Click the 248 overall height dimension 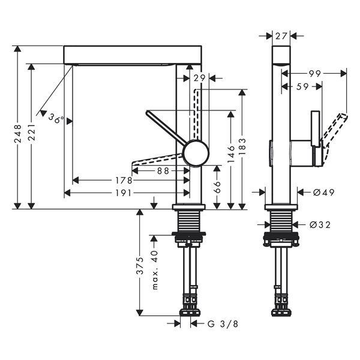pyautogui.click(x=17, y=134)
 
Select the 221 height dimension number pyautogui.click(x=31, y=133)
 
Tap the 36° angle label pyautogui.click(x=56, y=119)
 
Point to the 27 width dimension pyautogui.click(x=281, y=36)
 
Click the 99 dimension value pyautogui.click(x=314, y=74)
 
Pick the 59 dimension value pyautogui.click(x=302, y=86)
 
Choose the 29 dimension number pyautogui.click(x=199, y=78)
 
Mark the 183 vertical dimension pyautogui.click(x=242, y=147)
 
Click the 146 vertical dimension pyautogui.click(x=231, y=154)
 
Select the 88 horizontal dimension pyautogui.click(x=163, y=171)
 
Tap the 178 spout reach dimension pyautogui.click(x=124, y=181)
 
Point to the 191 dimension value pyautogui.click(x=123, y=193)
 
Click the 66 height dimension pyautogui.click(x=217, y=187)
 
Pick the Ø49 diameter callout pyautogui.click(x=324, y=193)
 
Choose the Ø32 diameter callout pyautogui.click(x=320, y=224)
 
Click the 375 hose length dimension pyautogui.click(x=140, y=266)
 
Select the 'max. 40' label pyautogui.click(x=155, y=270)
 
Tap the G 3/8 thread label pyautogui.click(x=223, y=324)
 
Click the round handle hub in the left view pyautogui.click(x=196, y=153)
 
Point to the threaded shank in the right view pyautogui.click(x=281, y=221)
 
